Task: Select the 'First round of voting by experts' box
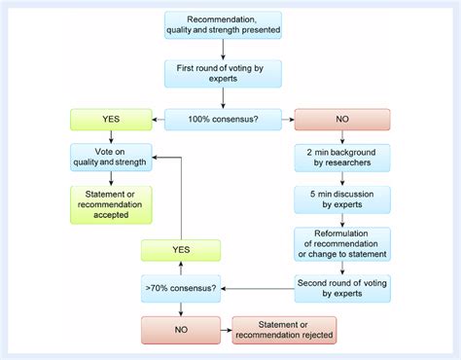[224, 74]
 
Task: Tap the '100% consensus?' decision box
[224, 120]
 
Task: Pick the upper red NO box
[341, 120]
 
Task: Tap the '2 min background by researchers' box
[341, 158]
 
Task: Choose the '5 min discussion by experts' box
[341, 199]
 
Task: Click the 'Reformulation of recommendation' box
[341, 242]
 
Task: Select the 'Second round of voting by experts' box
[341, 286]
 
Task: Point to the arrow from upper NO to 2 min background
[341, 137]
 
